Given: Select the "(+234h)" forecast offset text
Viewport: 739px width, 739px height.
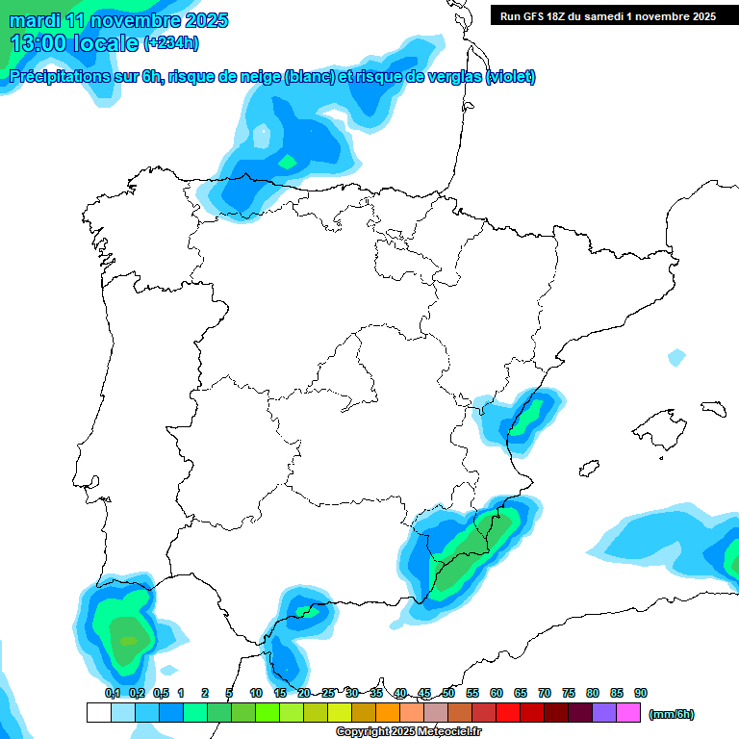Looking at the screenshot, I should coord(171,42).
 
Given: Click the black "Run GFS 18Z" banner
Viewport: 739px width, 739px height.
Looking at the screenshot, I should coord(607,15).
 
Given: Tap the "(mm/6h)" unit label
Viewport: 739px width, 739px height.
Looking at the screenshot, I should coord(672,714).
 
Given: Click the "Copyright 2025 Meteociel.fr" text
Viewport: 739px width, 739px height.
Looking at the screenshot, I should coord(408,732).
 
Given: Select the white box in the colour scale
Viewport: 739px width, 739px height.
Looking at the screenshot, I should coord(98,712).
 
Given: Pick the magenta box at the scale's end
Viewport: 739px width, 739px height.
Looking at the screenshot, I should coord(628,712).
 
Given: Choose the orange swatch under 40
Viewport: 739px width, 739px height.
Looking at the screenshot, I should coord(388,712).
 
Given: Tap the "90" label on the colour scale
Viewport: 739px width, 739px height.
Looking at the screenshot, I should coord(641,693).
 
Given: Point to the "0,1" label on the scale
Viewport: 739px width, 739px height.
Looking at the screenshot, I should coord(113,693).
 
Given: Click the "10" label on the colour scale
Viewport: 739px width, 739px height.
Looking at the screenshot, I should coord(256,693).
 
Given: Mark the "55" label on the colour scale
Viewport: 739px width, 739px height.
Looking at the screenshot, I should coord(472,693).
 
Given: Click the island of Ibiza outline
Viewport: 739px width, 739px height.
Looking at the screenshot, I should coord(588,469).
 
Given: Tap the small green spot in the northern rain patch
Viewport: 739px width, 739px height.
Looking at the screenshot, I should coord(287,162).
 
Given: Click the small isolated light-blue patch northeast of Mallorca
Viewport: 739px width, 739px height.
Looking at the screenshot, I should coord(676,358).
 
